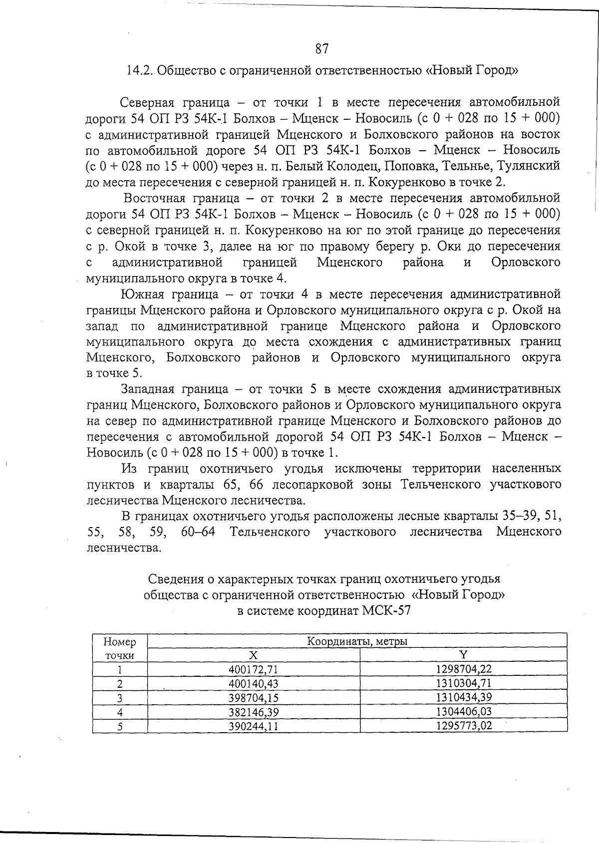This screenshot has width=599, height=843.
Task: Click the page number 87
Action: [322, 49]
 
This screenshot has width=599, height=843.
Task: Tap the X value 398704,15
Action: [253, 697]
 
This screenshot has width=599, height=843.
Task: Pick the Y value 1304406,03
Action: [464, 711]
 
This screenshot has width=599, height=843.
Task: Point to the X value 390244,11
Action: [253, 726]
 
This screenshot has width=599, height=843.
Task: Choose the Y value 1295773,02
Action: [464, 725]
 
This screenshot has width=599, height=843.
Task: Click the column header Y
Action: [463, 655]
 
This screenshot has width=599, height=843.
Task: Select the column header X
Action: [253, 655]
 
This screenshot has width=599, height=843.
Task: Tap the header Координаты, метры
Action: [357, 641]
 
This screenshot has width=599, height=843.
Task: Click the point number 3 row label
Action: [120, 698]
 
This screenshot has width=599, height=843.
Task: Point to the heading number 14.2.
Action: [140, 70]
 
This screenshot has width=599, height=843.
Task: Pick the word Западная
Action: [147, 389]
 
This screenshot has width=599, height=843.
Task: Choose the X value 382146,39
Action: [253, 712]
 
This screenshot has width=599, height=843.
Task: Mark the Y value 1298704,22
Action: [464, 669]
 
